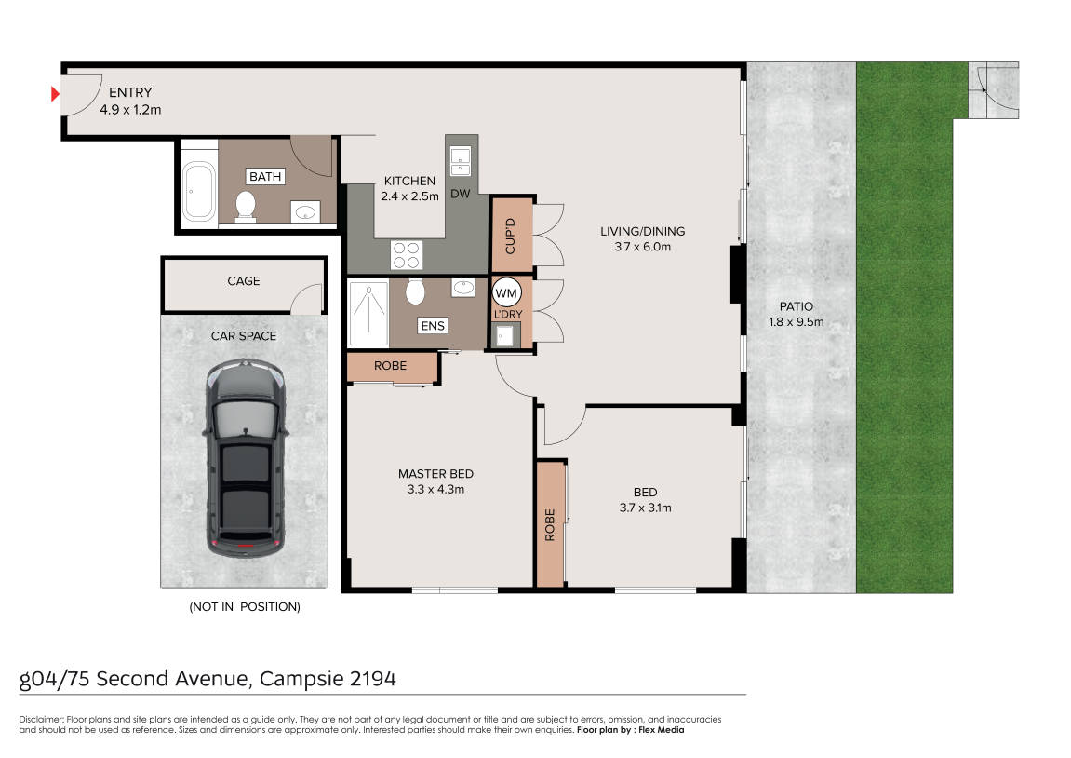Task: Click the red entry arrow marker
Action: click(x=55, y=94)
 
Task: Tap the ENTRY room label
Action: click(x=130, y=92)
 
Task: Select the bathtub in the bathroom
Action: click(x=199, y=191)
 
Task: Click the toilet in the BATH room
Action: click(x=246, y=207)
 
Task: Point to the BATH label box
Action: click(x=265, y=176)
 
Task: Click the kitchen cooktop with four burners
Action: click(x=407, y=255)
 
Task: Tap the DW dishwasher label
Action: click(x=461, y=194)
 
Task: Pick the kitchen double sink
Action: click(x=461, y=161)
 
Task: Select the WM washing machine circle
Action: click(x=506, y=293)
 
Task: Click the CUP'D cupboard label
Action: click(x=510, y=236)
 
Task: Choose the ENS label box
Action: click(x=433, y=326)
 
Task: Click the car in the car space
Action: click(x=246, y=458)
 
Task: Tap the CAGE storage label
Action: click(x=244, y=281)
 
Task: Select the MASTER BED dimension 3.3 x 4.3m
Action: click(x=435, y=490)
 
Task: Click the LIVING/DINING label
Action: click(x=643, y=232)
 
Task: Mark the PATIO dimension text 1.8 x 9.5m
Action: click(x=797, y=322)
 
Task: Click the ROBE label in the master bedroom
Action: click(x=390, y=366)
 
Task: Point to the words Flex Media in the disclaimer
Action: click(x=662, y=730)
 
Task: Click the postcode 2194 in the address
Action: click(x=373, y=679)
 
